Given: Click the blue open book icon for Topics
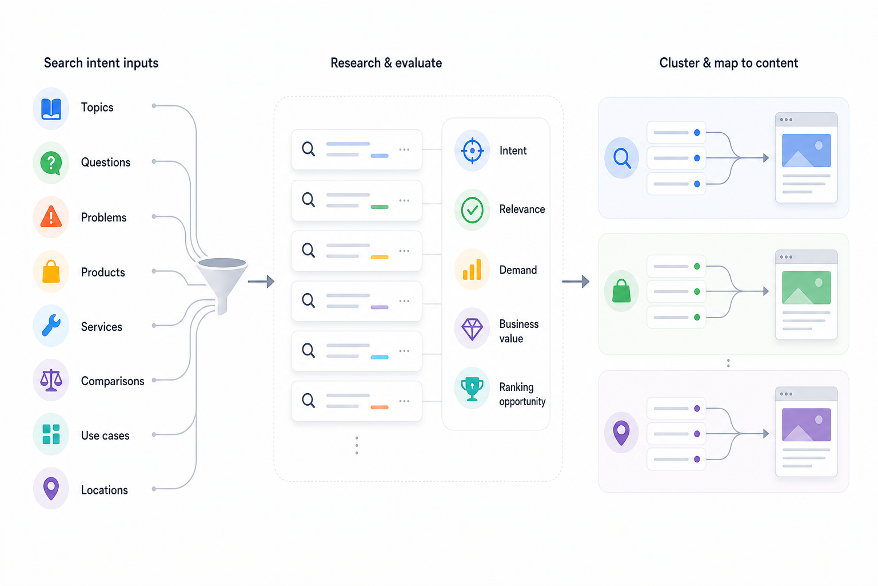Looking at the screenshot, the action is click(x=51, y=108).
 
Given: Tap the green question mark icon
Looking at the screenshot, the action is click(x=51, y=163).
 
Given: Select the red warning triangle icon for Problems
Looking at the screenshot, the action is click(x=51, y=217).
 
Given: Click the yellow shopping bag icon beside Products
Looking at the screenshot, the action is click(x=51, y=271).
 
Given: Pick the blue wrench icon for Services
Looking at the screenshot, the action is click(x=51, y=326).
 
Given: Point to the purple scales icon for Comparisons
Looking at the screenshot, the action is click(x=51, y=380).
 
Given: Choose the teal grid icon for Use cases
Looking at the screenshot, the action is click(x=51, y=434).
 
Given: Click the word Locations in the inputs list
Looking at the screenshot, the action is click(x=104, y=490).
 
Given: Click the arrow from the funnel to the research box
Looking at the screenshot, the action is click(x=261, y=282).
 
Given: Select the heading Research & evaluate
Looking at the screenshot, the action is click(x=386, y=63).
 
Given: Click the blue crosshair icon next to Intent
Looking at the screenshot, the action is click(x=472, y=151).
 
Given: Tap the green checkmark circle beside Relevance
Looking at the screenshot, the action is click(x=472, y=210).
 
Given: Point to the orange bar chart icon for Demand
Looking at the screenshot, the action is click(x=472, y=270).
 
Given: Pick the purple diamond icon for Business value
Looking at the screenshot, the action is click(x=472, y=329).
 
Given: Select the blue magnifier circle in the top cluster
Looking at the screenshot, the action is click(x=622, y=158).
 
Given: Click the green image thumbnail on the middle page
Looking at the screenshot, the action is click(x=807, y=288).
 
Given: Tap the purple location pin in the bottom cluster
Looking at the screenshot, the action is click(x=621, y=433).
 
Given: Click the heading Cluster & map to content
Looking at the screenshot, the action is click(x=729, y=63).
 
